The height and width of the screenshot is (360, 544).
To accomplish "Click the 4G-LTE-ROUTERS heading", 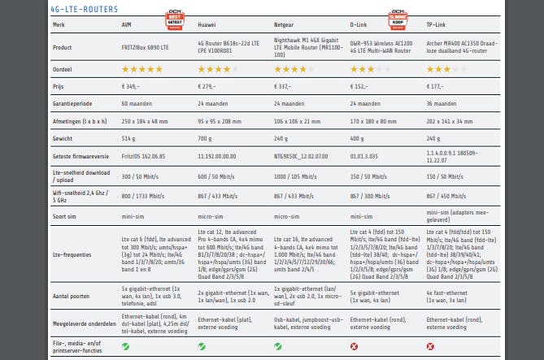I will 84,9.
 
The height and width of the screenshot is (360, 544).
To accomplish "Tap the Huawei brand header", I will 208,26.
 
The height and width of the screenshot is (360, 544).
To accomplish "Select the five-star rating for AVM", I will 141,71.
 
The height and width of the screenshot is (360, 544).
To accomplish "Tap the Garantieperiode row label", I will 71,104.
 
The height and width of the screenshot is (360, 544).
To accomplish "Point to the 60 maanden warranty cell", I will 137,104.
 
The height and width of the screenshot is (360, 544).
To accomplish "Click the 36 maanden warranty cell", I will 442,104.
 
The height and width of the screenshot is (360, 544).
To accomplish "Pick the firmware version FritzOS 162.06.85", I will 145,156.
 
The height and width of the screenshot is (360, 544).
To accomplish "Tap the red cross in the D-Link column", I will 354,347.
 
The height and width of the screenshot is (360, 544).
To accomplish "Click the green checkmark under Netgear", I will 278,347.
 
